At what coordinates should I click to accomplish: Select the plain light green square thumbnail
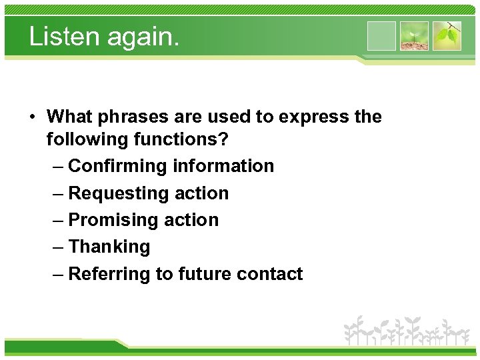coord(381,36)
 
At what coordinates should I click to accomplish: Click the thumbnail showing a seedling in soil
coord(414,36)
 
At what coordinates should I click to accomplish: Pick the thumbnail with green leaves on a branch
coord(447,36)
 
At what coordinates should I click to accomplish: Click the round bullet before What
coord(33,117)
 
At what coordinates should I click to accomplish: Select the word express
coord(311,117)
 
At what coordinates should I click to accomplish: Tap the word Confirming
coord(118,166)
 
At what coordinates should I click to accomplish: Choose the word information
coord(223,166)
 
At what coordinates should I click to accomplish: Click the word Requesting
coord(119,193)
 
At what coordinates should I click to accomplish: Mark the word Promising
coord(113,220)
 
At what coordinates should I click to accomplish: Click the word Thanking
coord(109,247)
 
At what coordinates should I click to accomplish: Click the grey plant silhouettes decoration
coord(406,331)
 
